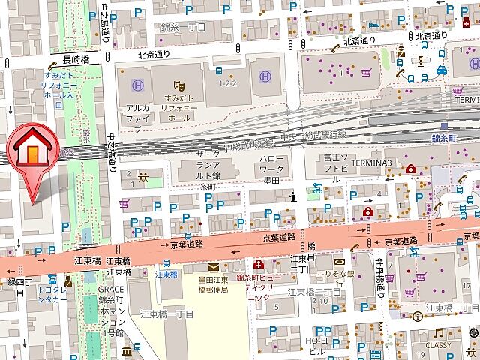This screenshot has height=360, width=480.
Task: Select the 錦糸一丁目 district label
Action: coord(182,27)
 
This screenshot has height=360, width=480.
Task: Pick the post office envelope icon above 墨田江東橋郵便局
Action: coord(214,266)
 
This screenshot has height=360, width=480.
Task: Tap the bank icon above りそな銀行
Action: coord(340,262)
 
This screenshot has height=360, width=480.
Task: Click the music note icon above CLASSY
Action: coord(438,333)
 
